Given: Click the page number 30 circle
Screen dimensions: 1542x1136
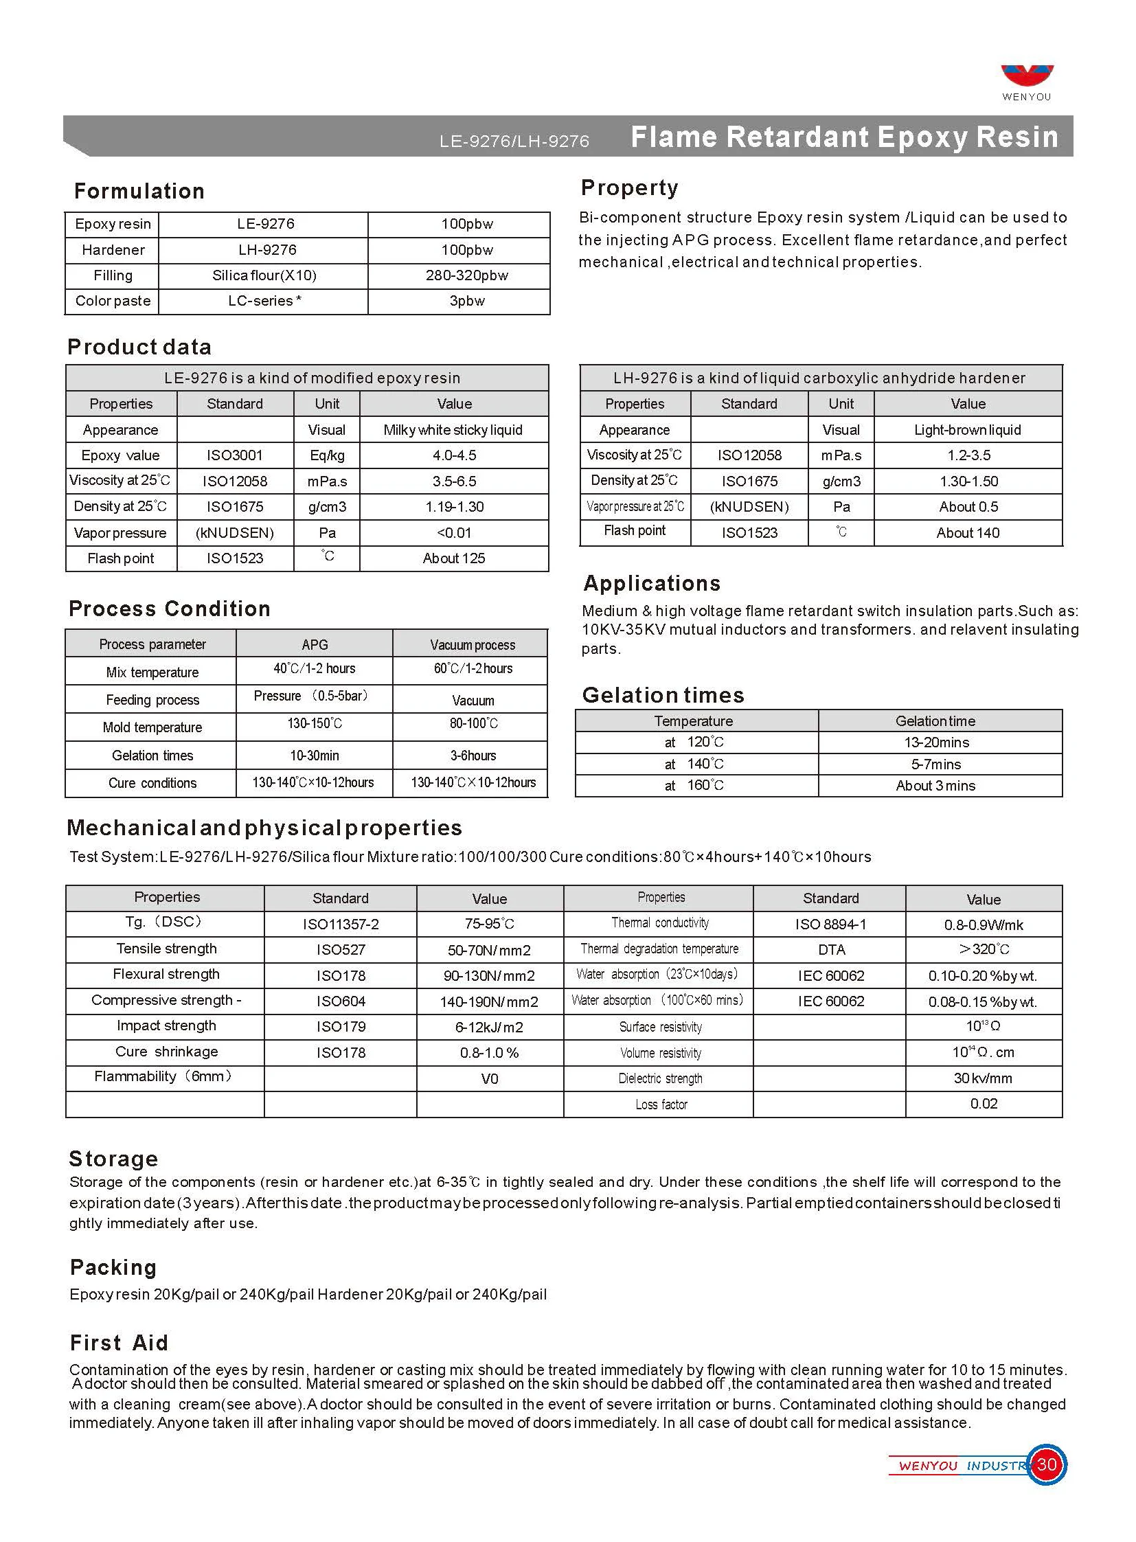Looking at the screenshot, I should click(x=1046, y=1465).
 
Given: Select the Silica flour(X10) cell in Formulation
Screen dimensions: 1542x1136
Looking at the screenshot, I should click(x=264, y=276).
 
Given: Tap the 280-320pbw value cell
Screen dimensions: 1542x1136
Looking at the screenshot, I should click(x=466, y=276).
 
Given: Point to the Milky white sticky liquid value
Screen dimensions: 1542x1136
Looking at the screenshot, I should click(x=453, y=430).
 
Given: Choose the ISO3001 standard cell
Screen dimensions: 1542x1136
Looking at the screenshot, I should click(x=234, y=455).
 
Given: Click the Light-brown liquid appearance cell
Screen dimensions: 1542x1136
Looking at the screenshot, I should click(x=967, y=430).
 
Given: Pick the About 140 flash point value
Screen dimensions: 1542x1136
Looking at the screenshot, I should click(x=968, y=533).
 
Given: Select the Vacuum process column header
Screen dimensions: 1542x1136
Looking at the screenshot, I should click(x=473, y=644).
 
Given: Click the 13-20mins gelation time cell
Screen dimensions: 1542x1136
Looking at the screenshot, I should click(x=936, y=742).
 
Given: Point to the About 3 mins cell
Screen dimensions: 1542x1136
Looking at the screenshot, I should click(x=935, y=786).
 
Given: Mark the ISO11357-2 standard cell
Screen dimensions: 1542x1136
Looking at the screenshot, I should click(x=341, y=925).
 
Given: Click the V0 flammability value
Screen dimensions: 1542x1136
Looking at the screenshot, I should click(x=489, y=1079).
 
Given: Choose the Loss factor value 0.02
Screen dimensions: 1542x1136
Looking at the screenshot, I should click(x=984, y=1104).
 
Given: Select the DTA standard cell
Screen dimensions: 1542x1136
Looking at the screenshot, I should click(x=830, y=950).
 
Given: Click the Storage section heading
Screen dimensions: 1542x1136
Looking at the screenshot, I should click(x=113, y=1159).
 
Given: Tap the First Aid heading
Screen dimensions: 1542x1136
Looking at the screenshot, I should click(x=119, y=1343).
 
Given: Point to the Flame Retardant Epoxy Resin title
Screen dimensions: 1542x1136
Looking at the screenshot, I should click(x=844, y=136).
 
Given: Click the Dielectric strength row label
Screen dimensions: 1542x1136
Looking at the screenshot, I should click(x=660, y=1078).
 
